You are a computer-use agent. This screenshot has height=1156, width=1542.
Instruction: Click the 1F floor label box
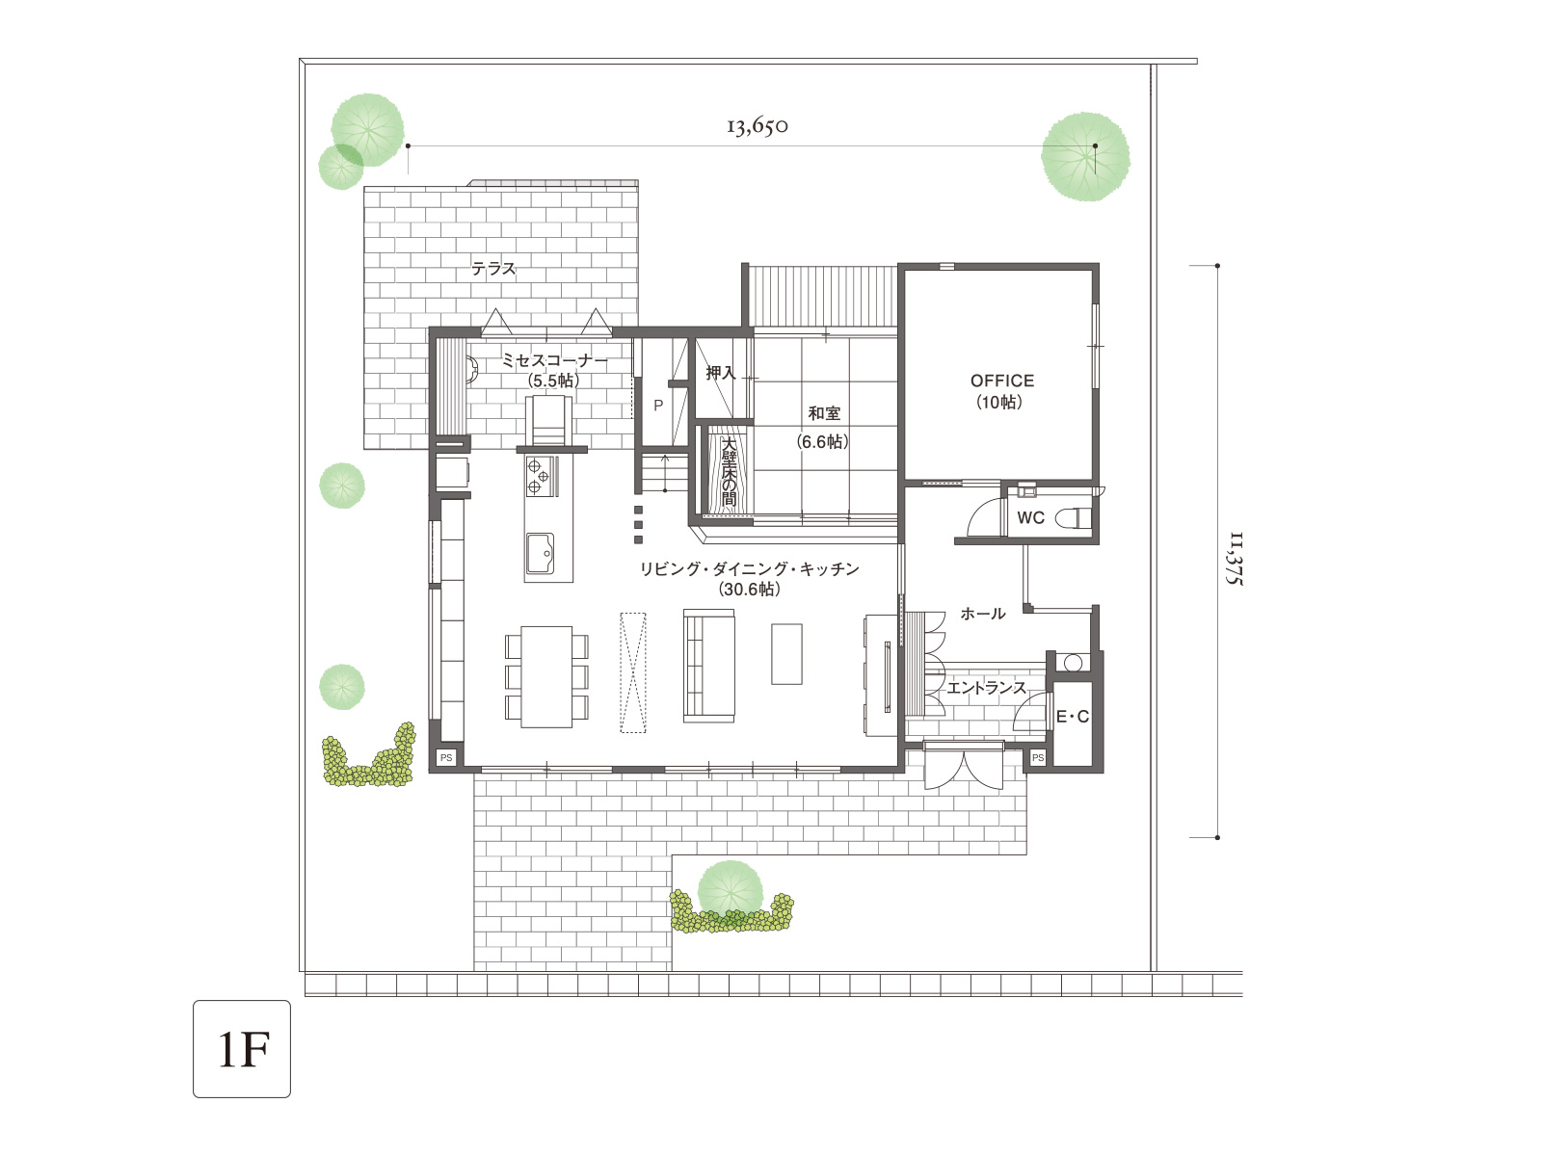(x=242, y=1049)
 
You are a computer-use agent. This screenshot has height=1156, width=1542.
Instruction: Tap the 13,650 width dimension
(x=757, y=126)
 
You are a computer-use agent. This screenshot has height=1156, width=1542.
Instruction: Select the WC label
(x=1030, y=518)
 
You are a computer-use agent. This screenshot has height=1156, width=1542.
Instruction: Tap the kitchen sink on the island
(x=540, y=552)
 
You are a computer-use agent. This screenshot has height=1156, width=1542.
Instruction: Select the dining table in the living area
(x=546, y=676)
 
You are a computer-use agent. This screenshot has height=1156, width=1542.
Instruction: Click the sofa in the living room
(x=708, y=666)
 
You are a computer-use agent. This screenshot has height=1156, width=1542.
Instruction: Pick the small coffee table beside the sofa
(x=786, y=654)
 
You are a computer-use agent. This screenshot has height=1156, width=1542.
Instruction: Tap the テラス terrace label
(x=493, y=268)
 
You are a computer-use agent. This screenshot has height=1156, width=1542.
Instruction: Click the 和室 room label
(x=823, y=413)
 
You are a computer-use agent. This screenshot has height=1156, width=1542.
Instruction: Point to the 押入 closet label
(x=721, y=373)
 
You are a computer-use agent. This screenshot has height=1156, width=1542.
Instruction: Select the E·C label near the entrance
(x=1073, y=717)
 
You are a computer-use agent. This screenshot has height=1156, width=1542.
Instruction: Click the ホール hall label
(x=983, y=614)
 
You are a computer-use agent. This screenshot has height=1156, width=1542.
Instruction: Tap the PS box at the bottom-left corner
(x=446, y=758)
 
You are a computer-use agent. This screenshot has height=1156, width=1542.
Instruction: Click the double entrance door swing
(x=964, y=770)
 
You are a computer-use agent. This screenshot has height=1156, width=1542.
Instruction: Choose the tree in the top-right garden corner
(x=1085, y=156)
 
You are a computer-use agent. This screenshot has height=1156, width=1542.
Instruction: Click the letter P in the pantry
(x=658, y=405)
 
